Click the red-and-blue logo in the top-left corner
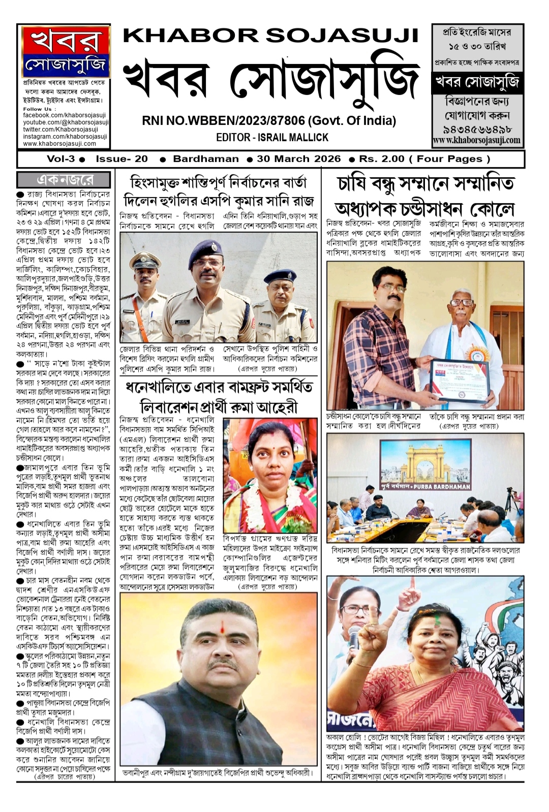click(x=66, y=50)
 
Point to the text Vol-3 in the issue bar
click(x=60, y=159)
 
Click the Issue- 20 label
click(x=121, y=159)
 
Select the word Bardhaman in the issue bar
click(x=205, y=159)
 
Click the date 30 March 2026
click(x=298, y=159)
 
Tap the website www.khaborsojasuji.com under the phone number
click(x=476, y=140)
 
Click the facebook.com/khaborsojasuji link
click(x=65, y=115)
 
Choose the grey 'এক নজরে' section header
click(x=64, y=179)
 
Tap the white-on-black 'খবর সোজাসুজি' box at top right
click(x=476, y=82)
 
